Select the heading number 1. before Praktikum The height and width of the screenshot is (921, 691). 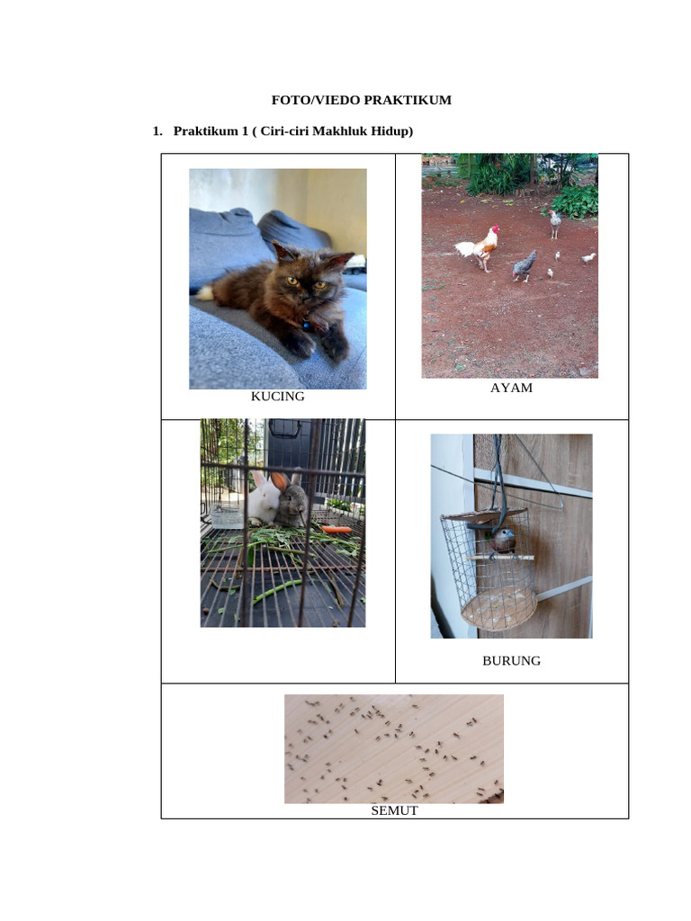pyautogui.click(x=157, y=131)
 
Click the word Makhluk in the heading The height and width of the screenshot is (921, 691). pyautogui.click(x=345, y=131)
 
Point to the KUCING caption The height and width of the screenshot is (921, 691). pyautogui.click(x=277, y=396)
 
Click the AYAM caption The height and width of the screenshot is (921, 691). pyautogui.click(x=511, y=388)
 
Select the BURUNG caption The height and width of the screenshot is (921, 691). pyautogui.click(x=511, y=660)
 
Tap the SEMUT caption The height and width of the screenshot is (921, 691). pyautogui.click(x=394, y=810)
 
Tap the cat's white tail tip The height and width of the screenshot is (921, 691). pyautogui.click(x=205, y=293)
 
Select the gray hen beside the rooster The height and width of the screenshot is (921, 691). pyautogui.click(x=525, y=265)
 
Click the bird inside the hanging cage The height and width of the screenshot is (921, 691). pyautogui.click(x=503, y=541)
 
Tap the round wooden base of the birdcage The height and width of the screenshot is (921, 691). pyautogui.click(x=498, y=607)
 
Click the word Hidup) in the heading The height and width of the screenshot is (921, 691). pyautogui.click(x=392, y=131)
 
